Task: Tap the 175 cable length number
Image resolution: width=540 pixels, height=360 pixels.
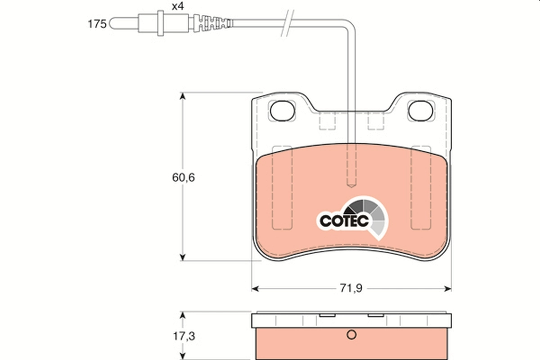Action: point(96,24)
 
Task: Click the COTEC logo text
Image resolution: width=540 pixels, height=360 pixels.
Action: point(344,220)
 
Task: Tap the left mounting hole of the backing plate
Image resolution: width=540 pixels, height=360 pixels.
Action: point(282,109)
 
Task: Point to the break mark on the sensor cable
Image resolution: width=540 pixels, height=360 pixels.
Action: point(286,23)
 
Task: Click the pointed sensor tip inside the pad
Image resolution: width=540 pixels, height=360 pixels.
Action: point(351,183)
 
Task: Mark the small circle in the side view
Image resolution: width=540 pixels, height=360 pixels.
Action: point(352,335)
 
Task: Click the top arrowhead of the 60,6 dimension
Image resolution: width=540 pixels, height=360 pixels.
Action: point(182,96)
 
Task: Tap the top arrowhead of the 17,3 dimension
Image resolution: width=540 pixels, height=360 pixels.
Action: point(182,314)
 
